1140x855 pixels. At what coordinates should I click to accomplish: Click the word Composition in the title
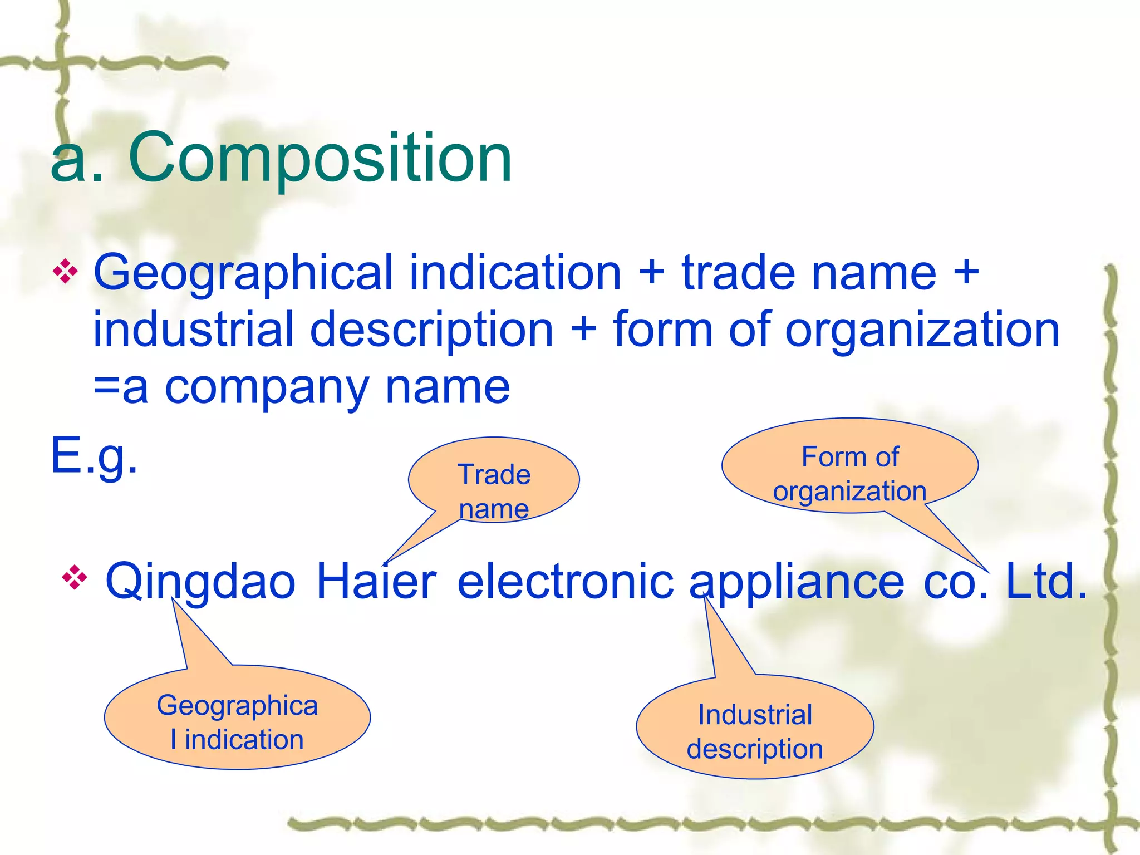click(x=320, y=159)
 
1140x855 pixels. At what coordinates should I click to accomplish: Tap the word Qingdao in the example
click(x=200, y=582)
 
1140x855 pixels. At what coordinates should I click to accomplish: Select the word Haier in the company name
click(x=376, y=582)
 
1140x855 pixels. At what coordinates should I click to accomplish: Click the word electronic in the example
click(x=565, y=582)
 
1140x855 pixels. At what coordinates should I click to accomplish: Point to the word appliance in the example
click(x=797, y=582)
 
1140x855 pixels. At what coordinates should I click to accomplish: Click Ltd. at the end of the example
click(x=1046, y=582)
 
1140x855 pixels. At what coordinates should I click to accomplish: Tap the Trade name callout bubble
click(x=494, y=480)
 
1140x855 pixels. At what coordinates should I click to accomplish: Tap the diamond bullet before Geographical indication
click(x=65, y=272)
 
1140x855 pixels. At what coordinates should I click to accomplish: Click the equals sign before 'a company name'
click(x=106, y=387)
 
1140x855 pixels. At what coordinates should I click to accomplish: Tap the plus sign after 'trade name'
click(x=966, y=273)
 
